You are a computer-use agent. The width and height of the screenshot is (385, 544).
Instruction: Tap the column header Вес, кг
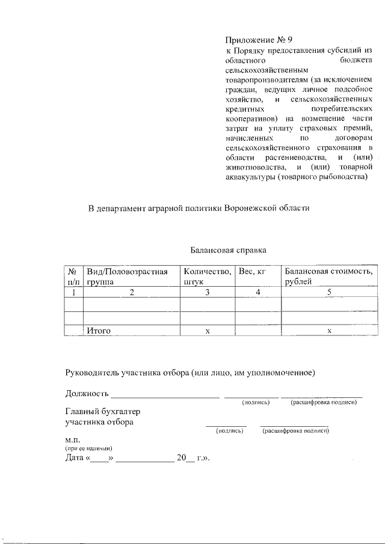(252, 272)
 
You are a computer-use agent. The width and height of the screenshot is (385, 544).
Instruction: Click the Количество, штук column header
(207, 277)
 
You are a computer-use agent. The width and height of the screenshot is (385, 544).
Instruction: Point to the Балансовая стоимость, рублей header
(329, 277)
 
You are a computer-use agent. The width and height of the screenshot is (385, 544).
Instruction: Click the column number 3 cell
(207, 292)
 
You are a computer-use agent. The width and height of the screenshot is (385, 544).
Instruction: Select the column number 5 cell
(329, 292)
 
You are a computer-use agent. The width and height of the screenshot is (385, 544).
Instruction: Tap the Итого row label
(99, 331)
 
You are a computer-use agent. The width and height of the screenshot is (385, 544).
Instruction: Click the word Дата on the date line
(75, 458)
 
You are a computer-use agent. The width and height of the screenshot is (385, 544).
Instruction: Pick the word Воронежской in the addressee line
(249, 209)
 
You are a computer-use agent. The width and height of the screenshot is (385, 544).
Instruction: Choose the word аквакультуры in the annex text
(251, 177)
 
